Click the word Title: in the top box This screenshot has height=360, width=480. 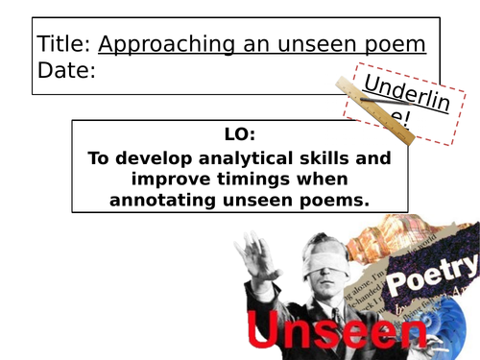pos(64,44)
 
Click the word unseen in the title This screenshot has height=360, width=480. pos(310,44)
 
